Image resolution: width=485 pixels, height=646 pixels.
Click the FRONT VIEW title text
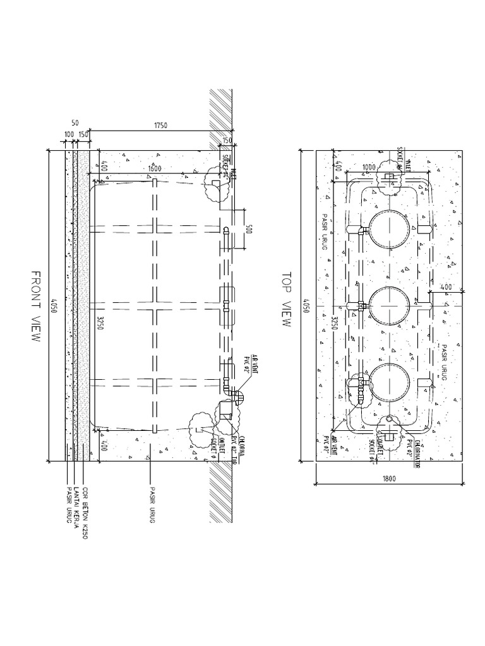tap(35, 306)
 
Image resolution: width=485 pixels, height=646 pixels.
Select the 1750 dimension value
tap(160, 126)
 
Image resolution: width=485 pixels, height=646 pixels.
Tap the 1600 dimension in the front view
tap(154, 168)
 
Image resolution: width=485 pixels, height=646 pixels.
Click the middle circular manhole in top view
tap(386, 305)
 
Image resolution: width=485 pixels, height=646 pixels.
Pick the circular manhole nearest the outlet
tap(386, 382)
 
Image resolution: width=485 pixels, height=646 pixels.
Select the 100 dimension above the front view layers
tap(69, 135)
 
